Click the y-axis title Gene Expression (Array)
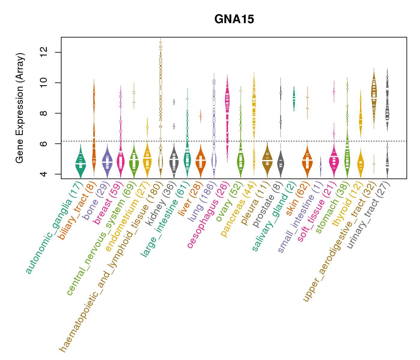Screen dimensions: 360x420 [20, 108]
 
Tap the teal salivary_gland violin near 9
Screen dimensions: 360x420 [294, 98]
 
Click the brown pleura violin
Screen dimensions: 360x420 [267, 160]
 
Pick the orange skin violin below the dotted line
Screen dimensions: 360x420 [307, 162]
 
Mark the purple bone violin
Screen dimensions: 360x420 [107, 162]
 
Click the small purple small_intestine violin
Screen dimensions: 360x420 [320, 167]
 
